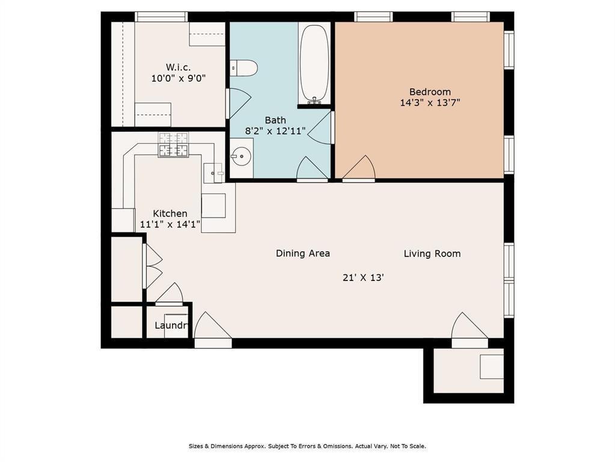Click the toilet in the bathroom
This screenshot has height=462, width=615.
[x=243, y=68]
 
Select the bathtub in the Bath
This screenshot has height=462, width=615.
[x=314, y=64]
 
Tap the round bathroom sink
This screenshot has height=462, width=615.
[x=241, y=157]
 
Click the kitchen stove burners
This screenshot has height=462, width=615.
[x=173, y=144]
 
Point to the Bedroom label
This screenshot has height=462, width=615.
[x=430, y=92]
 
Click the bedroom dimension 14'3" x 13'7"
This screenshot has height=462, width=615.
[x=430, y=103]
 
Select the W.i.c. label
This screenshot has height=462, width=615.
[x=178, y=67]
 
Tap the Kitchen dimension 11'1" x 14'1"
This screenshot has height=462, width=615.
[x=171, y=224]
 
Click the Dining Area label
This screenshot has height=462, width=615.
[x=303, y=253]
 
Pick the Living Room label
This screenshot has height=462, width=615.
[x=432, y=254]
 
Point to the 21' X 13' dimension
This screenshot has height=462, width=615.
[x=363, y=277]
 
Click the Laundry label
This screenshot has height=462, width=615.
[x=172, y=325]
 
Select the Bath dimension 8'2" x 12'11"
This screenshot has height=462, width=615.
[x=275, y=131]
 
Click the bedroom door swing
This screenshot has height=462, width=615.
[x=359, y=168]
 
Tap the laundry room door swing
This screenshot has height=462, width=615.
[x=170, y=294]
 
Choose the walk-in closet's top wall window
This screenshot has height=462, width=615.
[x=161, y=16]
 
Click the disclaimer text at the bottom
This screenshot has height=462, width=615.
[x=308, y=446]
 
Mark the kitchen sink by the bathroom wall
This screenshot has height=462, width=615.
[x=213, y=173]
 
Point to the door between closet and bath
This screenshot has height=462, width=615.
[x=239, y=103]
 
